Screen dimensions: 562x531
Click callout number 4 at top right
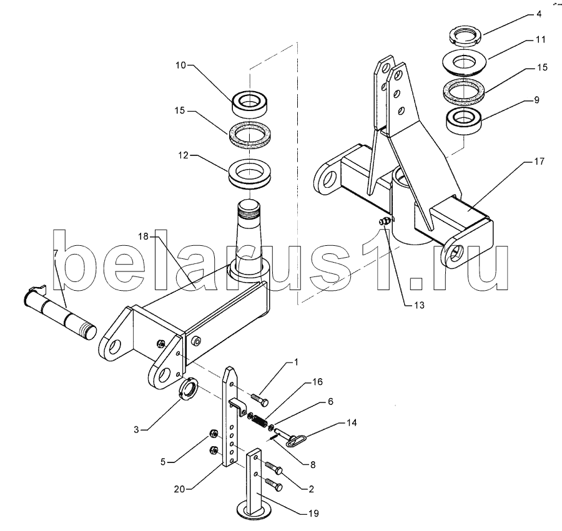(x=539, y=14)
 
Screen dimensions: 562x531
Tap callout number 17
(x=539, y=162)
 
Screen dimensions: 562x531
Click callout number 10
(x=181, y=65)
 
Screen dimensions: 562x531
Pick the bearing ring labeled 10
(x=249, y=103)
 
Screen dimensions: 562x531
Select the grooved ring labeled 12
(x=249, y=173)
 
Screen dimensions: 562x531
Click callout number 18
(x=144, y=236)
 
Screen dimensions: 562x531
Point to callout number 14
(x=352, y=423)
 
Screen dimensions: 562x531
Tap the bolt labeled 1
(x=260, y=399)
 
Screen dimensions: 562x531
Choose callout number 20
(x=179, y=489)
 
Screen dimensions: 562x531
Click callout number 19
(x=313, y=514)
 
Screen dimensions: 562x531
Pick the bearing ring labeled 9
(x=464, y=122)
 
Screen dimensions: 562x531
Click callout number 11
(x=541, y=39)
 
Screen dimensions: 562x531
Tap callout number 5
(x=163, y=462)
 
